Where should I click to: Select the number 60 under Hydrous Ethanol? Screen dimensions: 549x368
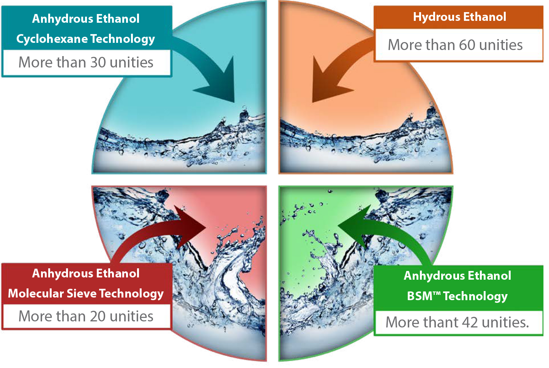coord(467,45)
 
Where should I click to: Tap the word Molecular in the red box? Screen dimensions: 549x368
coord(36,294)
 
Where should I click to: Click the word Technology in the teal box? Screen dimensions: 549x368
coord(123,39)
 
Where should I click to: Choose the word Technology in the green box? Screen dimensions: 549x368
coord(475,296)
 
